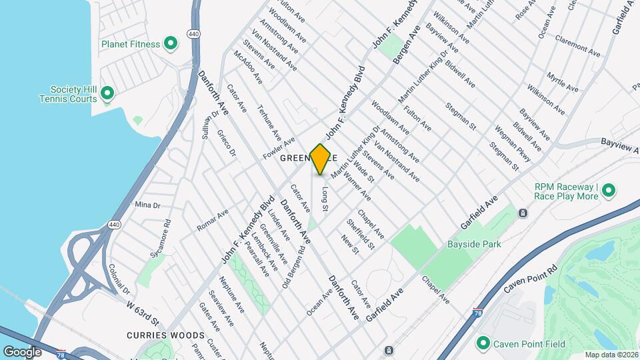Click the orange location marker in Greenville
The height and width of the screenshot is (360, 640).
(x=321, y=159)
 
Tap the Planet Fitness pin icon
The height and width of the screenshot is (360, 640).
(x=171, y=44)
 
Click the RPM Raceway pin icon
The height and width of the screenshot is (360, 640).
(x=608, y=191)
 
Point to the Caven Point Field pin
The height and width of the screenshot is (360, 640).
(x=483, y=344)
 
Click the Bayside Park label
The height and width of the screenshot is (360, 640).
(x=473, y=245)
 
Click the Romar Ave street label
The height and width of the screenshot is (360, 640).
(x=212, y=221)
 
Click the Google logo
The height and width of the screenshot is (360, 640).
(x=23, y=351)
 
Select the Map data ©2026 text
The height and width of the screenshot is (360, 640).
(x=611, y=355)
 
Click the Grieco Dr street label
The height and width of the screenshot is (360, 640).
(x=227, y=143)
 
